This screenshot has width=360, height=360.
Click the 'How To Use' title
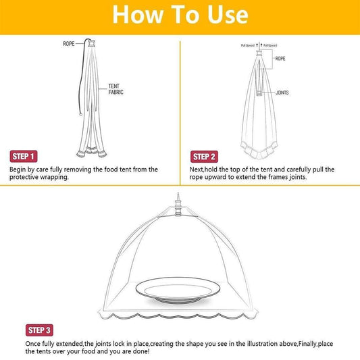(180, 14)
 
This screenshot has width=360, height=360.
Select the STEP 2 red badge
(205, 155)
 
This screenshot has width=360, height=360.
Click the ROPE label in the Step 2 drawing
(280, 59)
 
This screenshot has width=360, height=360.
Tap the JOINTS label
(282, 92)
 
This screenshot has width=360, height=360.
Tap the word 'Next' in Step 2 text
(196, 170)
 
